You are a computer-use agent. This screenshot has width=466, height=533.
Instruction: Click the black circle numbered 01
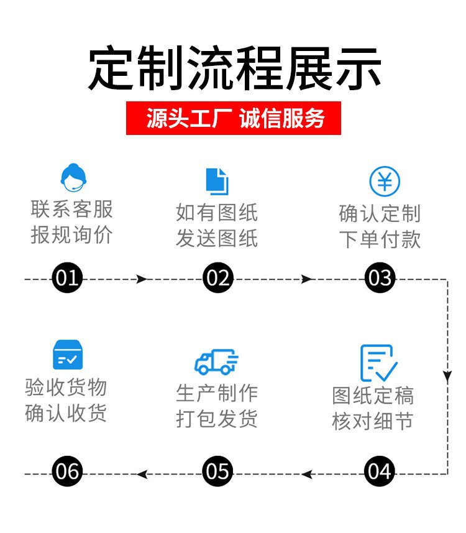(x=67, y=279)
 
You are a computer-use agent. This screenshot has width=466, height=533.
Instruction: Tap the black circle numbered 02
(x=217, y=279)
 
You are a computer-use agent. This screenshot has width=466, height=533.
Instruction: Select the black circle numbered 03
(x=380, y=279)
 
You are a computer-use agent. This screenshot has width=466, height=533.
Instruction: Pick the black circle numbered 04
(x=380, y=472)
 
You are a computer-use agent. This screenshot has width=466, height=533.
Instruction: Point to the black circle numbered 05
(x=217, y=472)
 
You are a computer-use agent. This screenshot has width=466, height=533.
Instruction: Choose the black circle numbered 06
(x=67, y=472)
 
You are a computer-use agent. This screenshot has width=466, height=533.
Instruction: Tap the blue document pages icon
(x=217, y=181)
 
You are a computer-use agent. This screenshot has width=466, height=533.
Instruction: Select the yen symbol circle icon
(x=385, y=182)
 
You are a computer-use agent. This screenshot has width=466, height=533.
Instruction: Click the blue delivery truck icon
(x=216, y=361)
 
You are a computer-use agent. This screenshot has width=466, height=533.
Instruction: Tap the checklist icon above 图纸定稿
(x=378, y=363)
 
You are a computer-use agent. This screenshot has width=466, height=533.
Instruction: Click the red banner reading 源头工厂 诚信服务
(x=234, y=118)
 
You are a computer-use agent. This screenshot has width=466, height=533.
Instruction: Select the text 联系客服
(x=72, y=209)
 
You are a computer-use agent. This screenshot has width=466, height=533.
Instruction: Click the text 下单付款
(x=380, y=240)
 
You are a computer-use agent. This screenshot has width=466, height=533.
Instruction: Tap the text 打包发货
(x=216, y=419)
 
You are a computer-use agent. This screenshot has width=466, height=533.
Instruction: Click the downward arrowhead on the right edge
(x=447, y=376)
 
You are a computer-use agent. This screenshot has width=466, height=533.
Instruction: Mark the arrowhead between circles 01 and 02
(x=142, y=279)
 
